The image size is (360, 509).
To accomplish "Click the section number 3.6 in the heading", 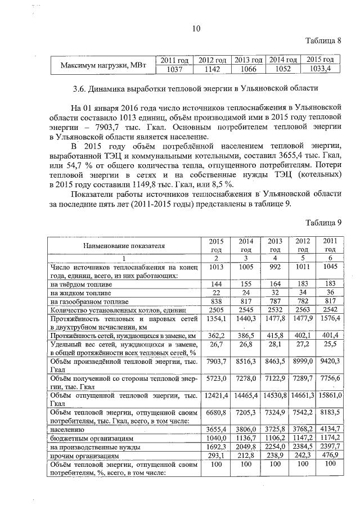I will tap(83, 88).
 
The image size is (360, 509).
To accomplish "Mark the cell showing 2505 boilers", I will tap(216, 310).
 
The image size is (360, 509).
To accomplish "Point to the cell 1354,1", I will tap(216, 319).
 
